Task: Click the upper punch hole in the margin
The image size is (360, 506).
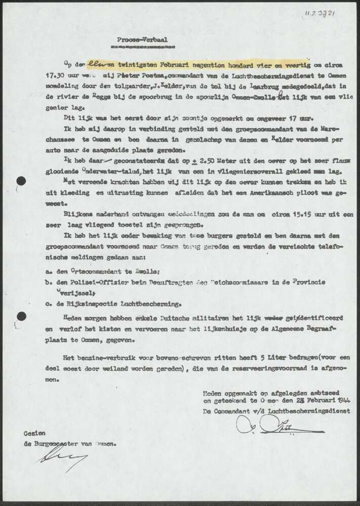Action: point(21,181)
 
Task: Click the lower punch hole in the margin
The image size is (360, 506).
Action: point(21,316)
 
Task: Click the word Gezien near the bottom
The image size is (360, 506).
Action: point(34,434)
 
